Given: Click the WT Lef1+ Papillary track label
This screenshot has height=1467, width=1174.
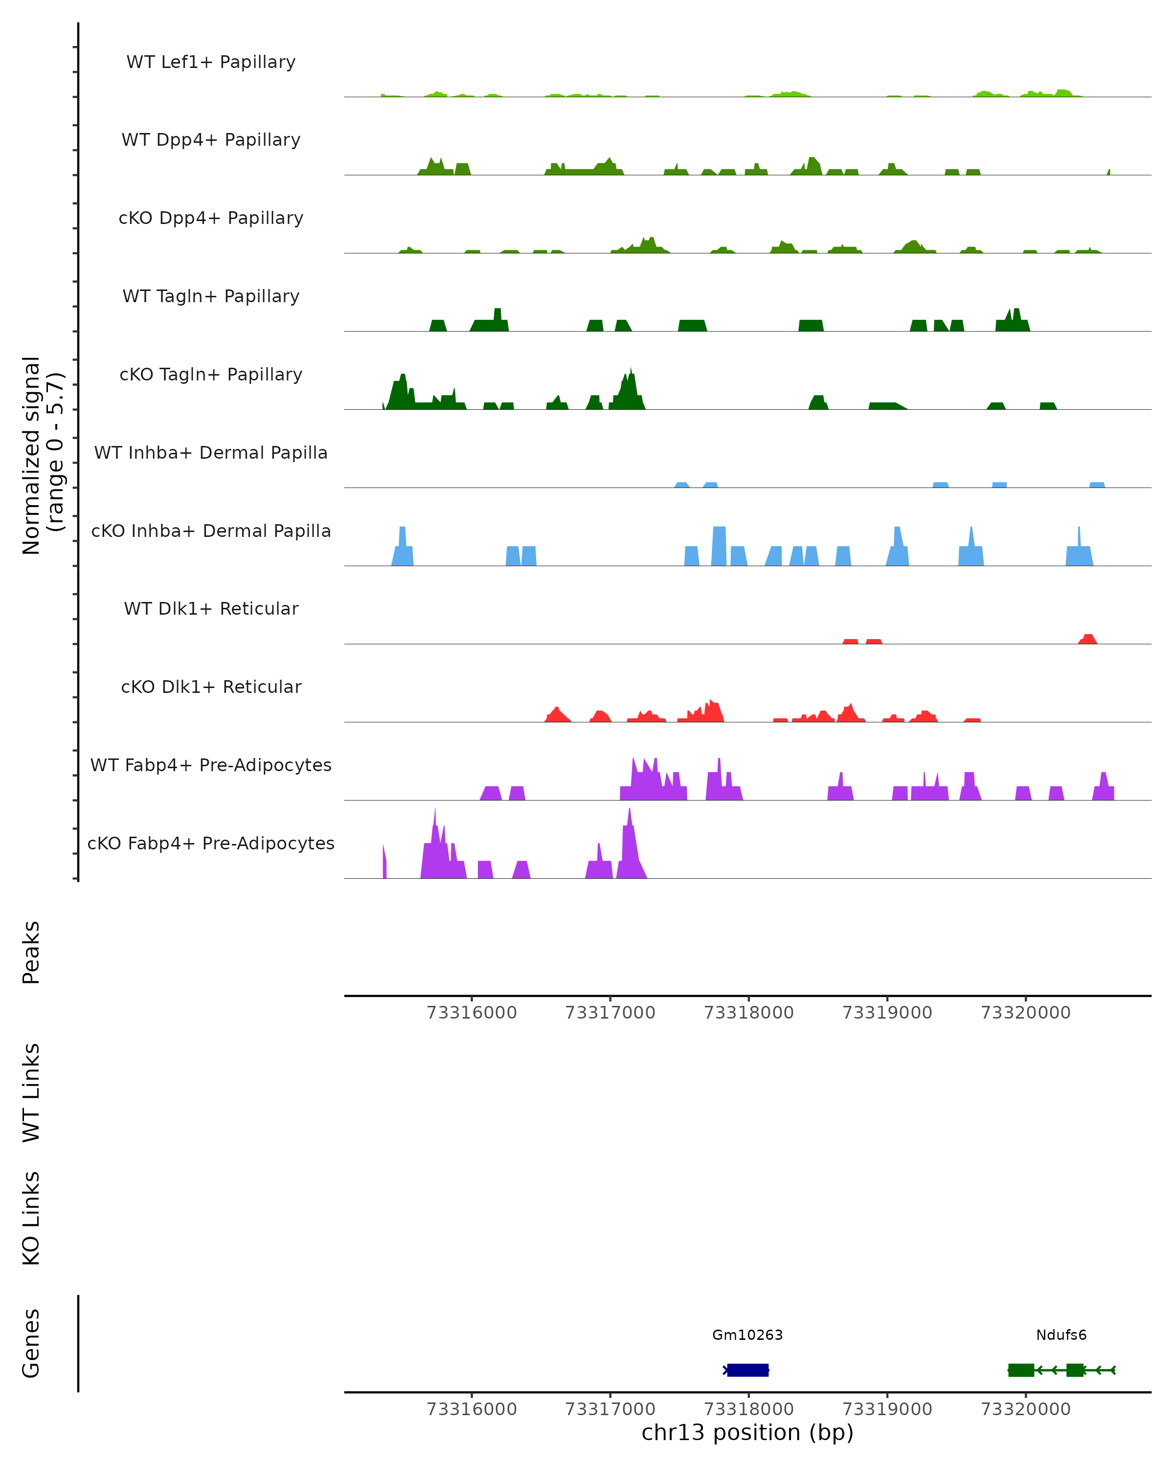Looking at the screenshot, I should pos(211,62).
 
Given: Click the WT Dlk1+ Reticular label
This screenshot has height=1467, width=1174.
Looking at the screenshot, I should pos(211,608).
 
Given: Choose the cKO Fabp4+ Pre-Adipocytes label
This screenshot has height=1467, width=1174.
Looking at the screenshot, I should pos(211,843).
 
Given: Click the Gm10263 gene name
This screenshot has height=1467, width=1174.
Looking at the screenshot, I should pos(747,1335).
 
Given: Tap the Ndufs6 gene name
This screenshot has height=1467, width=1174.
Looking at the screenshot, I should pos(1061,1335).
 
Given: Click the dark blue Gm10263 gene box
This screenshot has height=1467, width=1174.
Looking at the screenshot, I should pos(747,1370).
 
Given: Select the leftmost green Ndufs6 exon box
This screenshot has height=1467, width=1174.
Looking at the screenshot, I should pos(1021,1370).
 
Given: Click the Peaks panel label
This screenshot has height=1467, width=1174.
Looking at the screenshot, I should pos(31,953).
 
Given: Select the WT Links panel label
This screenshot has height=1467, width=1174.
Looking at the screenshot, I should pos(31,1092).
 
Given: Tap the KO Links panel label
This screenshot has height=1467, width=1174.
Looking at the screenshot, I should pos(31,1218).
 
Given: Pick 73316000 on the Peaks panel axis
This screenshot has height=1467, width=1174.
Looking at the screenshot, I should pos(472,1013).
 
